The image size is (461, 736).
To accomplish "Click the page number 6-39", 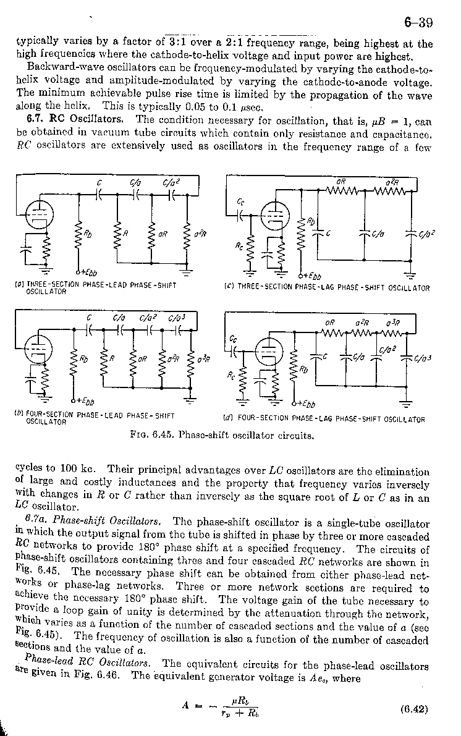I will point(418,23).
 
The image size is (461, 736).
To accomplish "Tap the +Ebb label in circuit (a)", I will point(87,274).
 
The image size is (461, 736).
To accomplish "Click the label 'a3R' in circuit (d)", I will point(392,323).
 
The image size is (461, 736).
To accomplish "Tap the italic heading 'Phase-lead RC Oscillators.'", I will point(89,663).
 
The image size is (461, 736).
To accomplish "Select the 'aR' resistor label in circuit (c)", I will point(340,181).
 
